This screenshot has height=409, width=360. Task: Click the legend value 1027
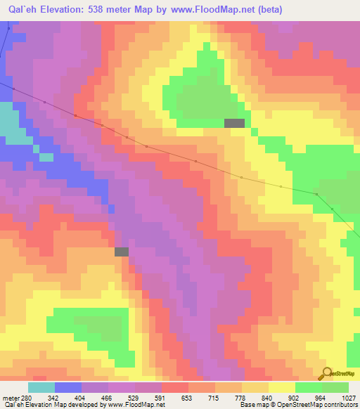[x=351, y=396]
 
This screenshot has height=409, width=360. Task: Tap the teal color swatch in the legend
[x=41, y=387]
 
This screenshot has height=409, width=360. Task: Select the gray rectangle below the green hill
[x=234, y=123]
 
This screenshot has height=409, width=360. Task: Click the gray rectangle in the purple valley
[x=122, y=252]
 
